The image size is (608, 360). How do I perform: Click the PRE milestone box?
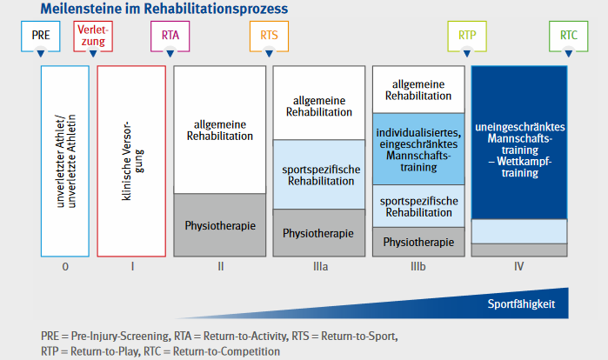(41, 36)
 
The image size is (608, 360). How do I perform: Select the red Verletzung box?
(93, 36)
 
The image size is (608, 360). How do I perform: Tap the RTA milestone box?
(170, 36)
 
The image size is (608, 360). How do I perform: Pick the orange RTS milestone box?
(269, 36)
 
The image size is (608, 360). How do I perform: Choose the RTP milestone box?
(467, 36)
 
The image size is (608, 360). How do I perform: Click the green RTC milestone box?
(569, 36)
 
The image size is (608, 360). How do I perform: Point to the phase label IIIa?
(321, 267)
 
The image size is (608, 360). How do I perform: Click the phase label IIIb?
(418, 267)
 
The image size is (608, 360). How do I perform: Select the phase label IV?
(518, 267)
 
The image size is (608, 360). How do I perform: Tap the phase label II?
(221, 267)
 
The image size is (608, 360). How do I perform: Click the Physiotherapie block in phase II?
(220, 225)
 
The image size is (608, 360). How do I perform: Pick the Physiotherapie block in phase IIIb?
(418, 242)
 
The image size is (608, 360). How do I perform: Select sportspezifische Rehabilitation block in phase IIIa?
(319, 175)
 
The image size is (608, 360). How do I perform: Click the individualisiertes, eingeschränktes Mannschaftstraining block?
(418, 150)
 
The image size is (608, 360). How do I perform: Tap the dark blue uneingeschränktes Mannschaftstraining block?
(519, 143)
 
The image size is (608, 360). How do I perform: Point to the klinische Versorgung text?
(132, 161)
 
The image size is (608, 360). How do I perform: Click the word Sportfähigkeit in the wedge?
(521, 303)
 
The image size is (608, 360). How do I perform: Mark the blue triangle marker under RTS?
(269, 53)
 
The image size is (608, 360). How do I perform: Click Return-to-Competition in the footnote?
(226, 351)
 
